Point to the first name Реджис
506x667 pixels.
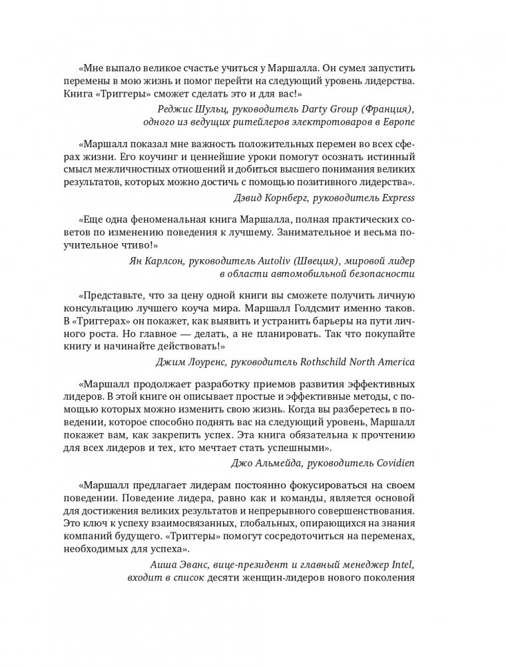(x=169, y=109)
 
